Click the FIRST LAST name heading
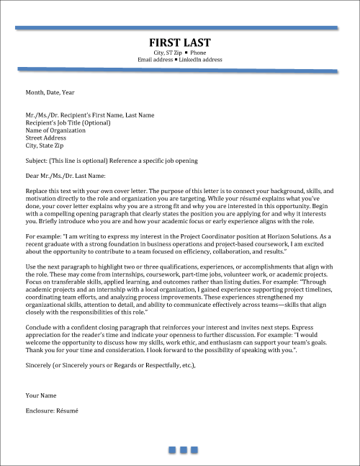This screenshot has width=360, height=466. click(179, 42)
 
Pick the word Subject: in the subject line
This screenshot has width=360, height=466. click(37, 161)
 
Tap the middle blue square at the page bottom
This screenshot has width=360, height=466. click(183, 450)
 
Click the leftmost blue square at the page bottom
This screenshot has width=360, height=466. click(172, 450)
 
